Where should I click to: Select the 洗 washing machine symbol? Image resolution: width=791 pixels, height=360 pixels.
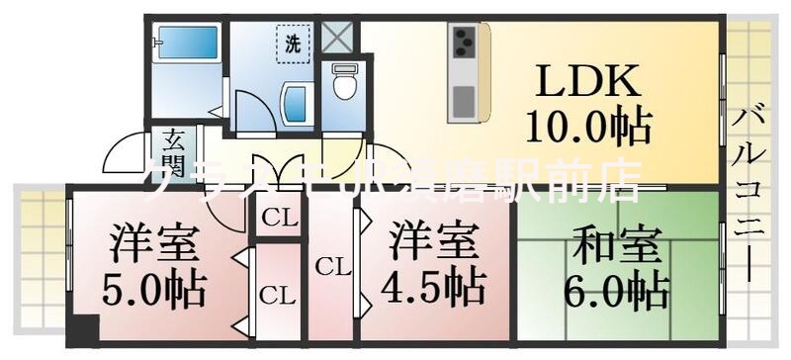(x=293, y=44)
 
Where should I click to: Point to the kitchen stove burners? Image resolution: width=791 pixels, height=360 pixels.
(x=464, y=45)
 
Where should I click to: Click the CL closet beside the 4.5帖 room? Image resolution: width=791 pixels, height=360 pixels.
(x=333, y=266)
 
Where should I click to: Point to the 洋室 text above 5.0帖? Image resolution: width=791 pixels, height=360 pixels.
(x=154, y=243)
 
